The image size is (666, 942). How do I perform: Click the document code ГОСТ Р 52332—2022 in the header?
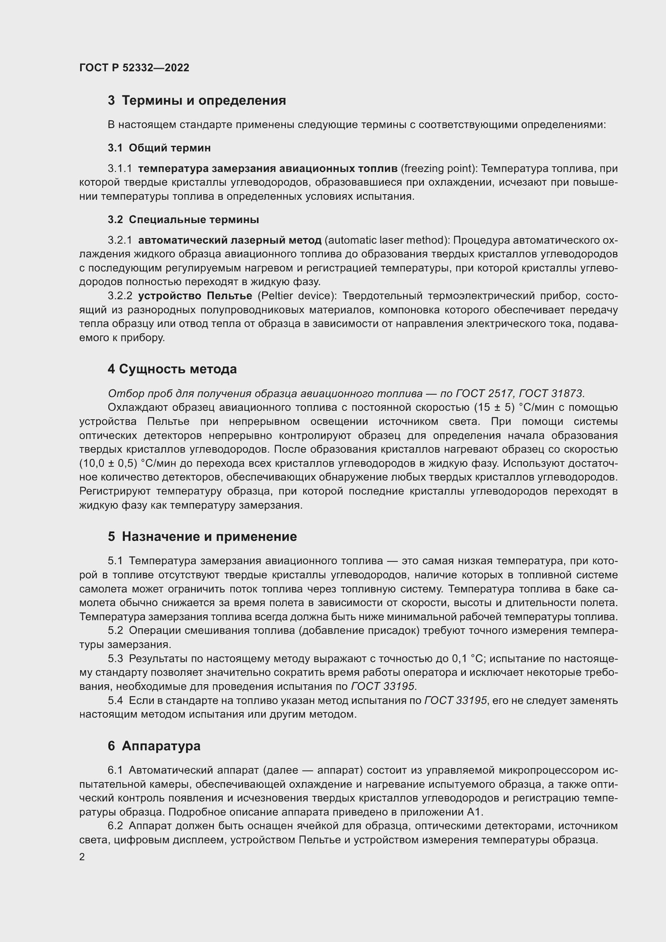(x=134, y=68)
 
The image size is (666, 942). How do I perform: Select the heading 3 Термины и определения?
(x=197, y=101)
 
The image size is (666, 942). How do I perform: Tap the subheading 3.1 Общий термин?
(x=159, y=148)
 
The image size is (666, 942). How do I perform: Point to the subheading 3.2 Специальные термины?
(x=183, y=219)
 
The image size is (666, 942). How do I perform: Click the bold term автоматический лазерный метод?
(x=230, y=240)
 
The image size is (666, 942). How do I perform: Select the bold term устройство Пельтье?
(x=195, y=296)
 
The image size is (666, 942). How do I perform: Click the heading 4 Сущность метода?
(x=172, y=369)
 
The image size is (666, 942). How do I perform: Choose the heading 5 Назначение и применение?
(x=202, y=536)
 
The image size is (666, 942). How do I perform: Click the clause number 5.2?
(x=115, y=631)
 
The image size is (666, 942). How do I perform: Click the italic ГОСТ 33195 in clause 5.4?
(x=456, y=700)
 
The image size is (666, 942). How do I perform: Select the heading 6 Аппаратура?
(x=154, y=746)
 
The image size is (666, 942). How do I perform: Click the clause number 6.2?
(x=115, y=826)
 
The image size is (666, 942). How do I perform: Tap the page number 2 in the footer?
(x=82, y=857)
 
